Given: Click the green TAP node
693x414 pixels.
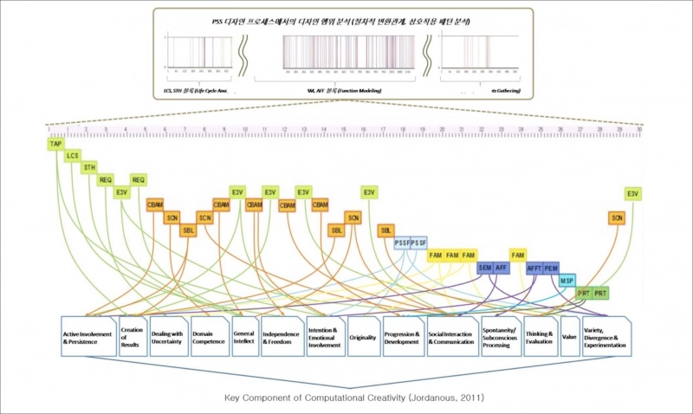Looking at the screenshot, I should (x=55, y=143).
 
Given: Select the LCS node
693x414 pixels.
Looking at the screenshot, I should (x=73, y=156).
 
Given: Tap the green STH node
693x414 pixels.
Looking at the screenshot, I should (x=90, y=167).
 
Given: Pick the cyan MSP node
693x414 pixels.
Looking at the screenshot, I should (x=567, y=281).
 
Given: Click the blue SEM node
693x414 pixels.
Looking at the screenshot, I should (x=485, y=268).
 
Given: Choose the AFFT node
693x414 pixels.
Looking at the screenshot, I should (x=534, y=268).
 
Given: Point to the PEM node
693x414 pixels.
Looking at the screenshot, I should (x=552, y=268).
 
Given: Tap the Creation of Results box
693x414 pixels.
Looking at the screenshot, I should (x=132, y=337).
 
